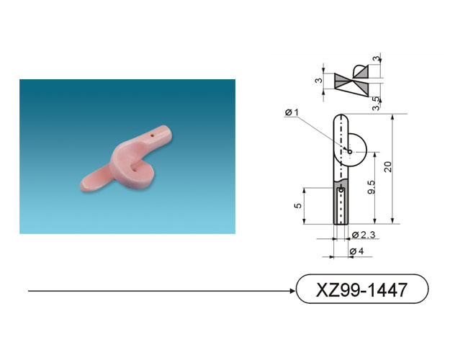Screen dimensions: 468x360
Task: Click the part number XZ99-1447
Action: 361,289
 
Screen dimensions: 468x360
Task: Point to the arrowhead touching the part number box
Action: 293,291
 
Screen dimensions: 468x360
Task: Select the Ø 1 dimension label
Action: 292,112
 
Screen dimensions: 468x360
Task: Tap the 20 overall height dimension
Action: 387,166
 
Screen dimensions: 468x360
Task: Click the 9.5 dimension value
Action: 372,187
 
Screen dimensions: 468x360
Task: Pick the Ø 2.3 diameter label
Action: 363,235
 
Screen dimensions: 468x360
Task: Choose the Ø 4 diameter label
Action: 356,251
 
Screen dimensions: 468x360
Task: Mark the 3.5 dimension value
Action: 377,103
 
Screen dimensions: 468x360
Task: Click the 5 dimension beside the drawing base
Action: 298,206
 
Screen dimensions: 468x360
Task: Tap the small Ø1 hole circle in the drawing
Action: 350,152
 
